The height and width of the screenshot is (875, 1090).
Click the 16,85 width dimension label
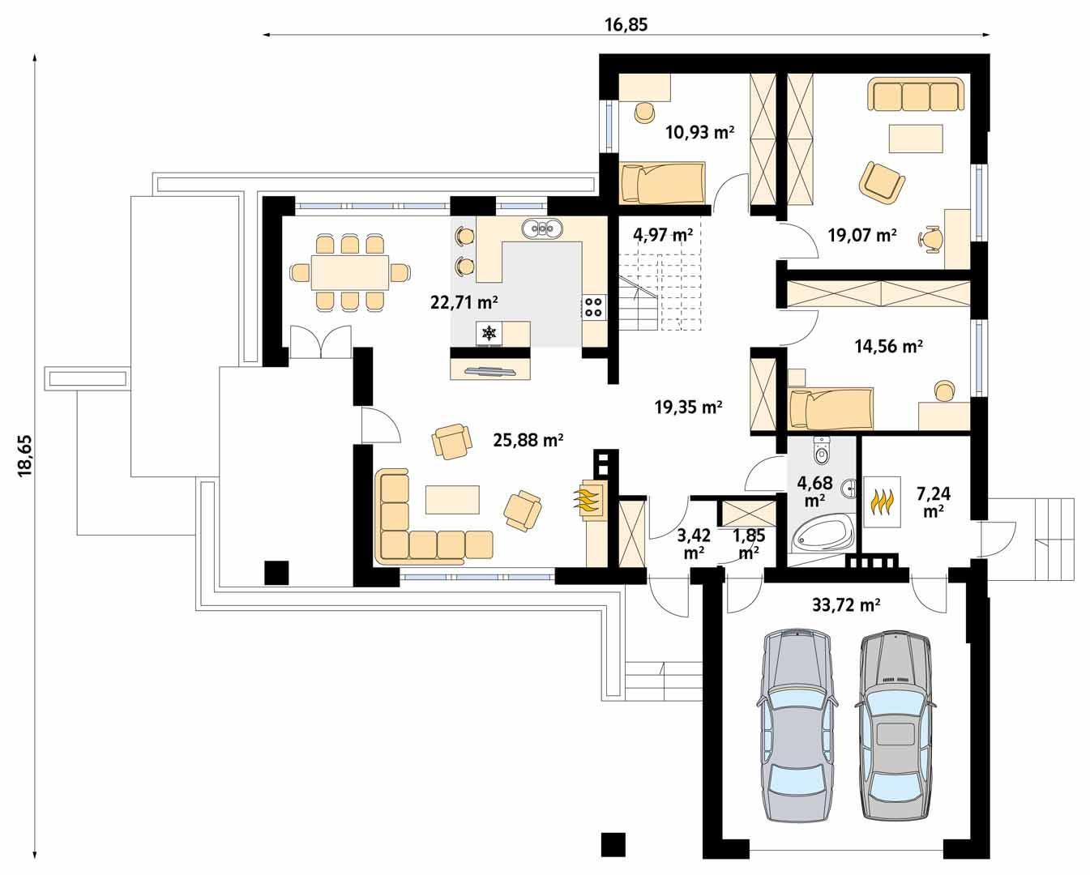[x=626, y=24]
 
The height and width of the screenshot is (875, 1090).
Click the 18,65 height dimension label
[x=24, y=455]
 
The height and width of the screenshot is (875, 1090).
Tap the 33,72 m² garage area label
[x=846, y=604]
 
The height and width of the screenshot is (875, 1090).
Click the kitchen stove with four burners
[x=593, y=306]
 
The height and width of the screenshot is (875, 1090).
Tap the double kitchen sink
[x=541, y=229]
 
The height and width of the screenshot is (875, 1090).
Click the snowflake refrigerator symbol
[x=489, y=332]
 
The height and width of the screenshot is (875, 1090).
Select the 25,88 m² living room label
[x=528, y=441]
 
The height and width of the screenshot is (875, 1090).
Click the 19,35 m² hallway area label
[x=688, y=408]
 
